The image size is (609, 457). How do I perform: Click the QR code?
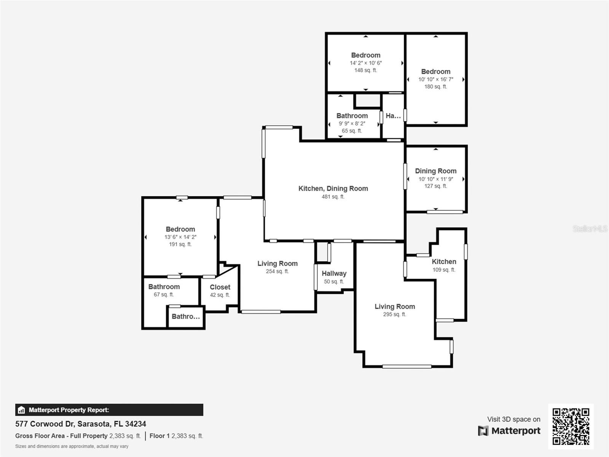pyautogui.click(x=571, y=427)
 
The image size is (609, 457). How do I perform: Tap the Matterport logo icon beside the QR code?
pyautogui.click(x=483, y=431)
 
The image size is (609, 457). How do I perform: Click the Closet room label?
pyautogui.click(x=220, y=287)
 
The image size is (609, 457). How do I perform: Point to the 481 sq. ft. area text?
pyautogui.click(x=333, y=197)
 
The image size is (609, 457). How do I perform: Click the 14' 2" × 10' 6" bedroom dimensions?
pyautogui.click(x=366, y=63)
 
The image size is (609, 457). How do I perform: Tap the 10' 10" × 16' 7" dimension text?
pyautogui.click(x=435, y=79)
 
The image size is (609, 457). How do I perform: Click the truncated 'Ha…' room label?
pyautogui.click(x=393, y=116)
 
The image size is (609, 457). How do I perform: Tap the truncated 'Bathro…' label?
pyautogui.click(x=186, y=316)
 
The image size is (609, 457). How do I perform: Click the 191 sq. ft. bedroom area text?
pyautogui.click(x=180, y=244)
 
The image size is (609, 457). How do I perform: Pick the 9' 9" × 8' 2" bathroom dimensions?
pyautogui.click(x=352, y=123)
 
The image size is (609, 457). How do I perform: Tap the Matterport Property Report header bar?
pyautogui.click(x=109, y=410)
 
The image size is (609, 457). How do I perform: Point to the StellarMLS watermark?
pyautogui.click(x=590, y=228)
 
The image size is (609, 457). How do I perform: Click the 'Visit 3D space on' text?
pyautogui.click(x=513, y=419)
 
